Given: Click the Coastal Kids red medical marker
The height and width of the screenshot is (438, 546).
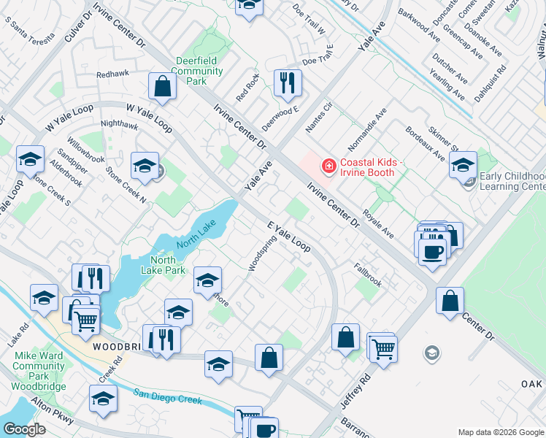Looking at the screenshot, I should click(328, 167).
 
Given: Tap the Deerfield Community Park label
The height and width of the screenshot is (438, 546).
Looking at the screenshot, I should click(199, 72).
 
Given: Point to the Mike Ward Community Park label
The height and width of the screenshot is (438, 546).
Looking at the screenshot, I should click(39, 366).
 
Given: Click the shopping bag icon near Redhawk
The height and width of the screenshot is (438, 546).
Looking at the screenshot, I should click(162, 86).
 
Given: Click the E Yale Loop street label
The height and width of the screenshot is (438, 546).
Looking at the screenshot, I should click(289, 237).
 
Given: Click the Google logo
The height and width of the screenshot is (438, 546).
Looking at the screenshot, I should click(24, 429).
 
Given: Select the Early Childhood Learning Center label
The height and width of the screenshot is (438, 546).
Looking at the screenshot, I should click(512, 181).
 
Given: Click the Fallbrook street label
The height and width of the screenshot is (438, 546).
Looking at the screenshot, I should click(368, 274).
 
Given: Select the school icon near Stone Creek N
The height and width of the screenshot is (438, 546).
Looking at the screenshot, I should click(145, 166).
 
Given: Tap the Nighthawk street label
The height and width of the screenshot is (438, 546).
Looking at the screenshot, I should click(119, 126).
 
